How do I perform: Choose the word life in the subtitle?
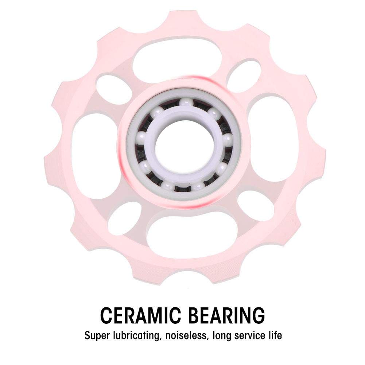coord(275,335)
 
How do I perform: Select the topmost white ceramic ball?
coord(186,103)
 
